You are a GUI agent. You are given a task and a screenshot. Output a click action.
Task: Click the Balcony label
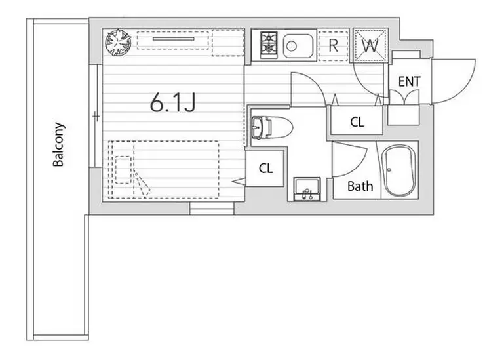pyautogui.click(x=58, y=144)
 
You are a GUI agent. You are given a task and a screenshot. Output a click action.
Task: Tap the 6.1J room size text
pyautogui.click(x=173, y=102)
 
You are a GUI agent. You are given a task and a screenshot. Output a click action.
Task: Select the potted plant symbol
pyautogui.click(x=118, y=42)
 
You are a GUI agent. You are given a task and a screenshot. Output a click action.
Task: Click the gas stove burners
pyautogui.click(x=268, y=43)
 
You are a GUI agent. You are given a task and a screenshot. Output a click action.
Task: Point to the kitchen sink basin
pyautogui.click(x=298, y=46)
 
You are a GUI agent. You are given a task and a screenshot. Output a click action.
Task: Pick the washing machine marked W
pyautogui.click(x=370, y=45)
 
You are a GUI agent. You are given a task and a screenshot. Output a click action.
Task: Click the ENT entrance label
pyautogui.click(x=409, y=81)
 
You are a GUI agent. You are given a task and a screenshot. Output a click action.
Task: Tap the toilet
pyautogui.click(x=272, y=127)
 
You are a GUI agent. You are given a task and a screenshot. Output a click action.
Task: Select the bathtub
pyautogui.click(x=399, y=170)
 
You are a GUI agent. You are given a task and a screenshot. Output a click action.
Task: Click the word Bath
pyautogui.click(x=360, y=186)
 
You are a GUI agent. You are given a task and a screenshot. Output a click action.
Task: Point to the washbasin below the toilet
pyautogui.click(x=307, y=189)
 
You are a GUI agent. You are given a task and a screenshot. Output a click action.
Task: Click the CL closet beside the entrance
pyautogui.click(x=357, y=122)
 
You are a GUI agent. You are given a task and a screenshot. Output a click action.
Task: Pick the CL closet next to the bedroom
pyautogui.click(x=266, y=169)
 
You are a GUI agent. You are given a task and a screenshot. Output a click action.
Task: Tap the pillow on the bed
pyautogui.click(x=123, y=170)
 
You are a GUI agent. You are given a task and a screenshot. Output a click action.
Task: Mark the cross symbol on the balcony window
pyautogui.click(x=96, y=117)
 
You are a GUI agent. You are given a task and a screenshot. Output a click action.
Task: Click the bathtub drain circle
pyautogui.click(x=389, y=170)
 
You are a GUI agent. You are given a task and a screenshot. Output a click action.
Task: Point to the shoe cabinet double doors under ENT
pyautogui.click(x=404, y=97)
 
